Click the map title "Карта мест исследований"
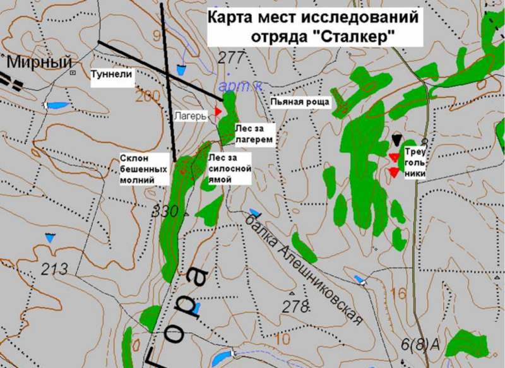pos(313,18)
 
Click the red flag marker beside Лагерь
pos(218,112)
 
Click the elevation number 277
pos(230,59)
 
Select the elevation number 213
pos(54,270)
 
